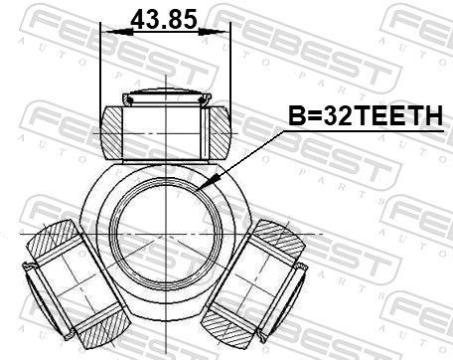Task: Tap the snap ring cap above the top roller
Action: [x=165, y=98]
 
